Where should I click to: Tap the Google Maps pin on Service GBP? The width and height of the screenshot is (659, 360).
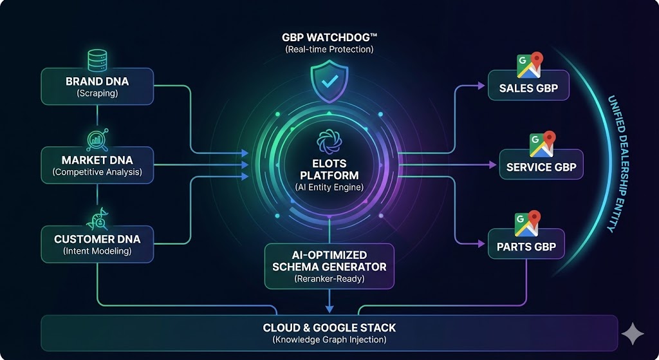542,145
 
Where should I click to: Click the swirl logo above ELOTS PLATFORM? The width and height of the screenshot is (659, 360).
329,142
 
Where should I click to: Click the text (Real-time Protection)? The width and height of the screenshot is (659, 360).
329,49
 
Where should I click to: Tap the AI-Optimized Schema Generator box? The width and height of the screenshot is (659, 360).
329,265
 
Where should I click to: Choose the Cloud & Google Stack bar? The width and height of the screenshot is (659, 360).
329,333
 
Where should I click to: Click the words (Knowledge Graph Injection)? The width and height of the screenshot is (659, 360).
329,339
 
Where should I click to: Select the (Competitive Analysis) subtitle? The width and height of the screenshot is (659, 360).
97,172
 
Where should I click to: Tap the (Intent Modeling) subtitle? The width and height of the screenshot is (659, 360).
97,251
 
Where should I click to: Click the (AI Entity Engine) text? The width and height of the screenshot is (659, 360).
329,187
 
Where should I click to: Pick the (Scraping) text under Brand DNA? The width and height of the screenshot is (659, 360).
97,93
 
